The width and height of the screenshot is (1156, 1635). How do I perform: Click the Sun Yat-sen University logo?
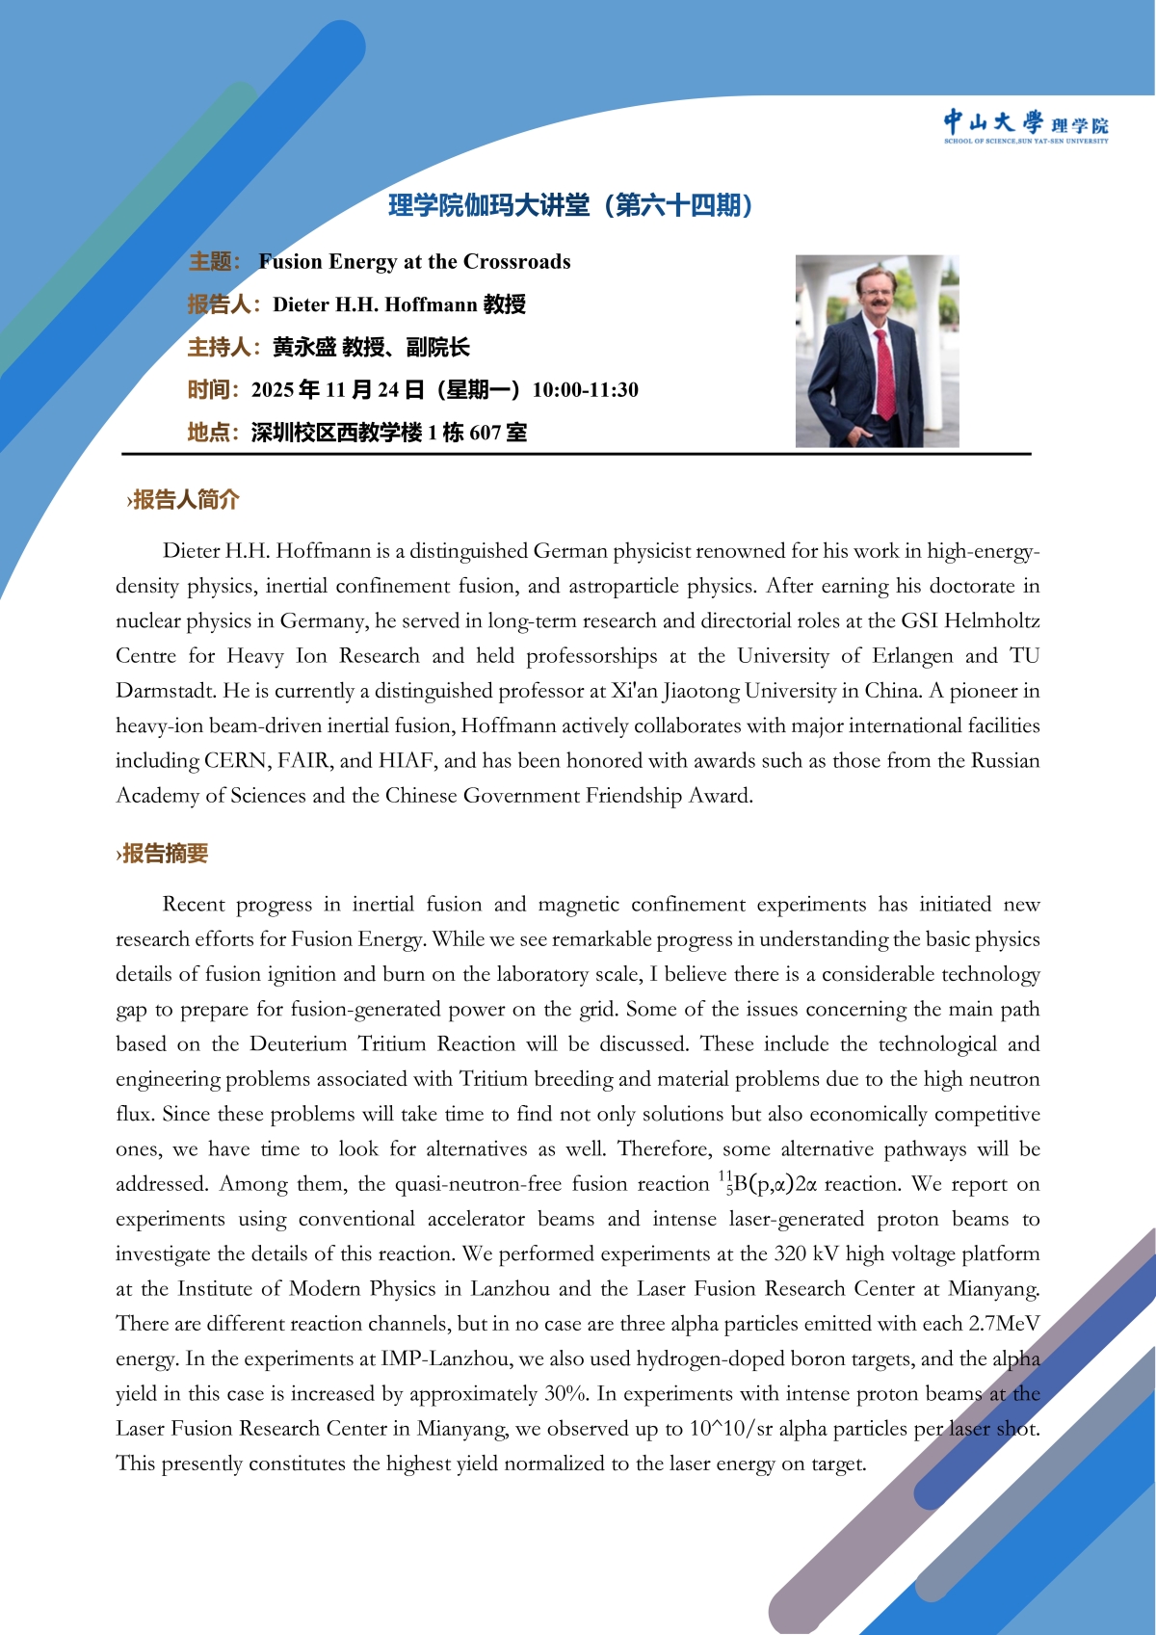[x=1025, y=125]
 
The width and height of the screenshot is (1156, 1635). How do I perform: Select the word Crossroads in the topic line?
[x=517, y=262]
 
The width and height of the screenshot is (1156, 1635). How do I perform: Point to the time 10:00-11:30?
[x=585, y=390]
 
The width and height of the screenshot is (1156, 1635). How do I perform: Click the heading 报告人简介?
[x=185, y=499]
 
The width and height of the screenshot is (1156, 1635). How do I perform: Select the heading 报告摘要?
[x=165, y=854]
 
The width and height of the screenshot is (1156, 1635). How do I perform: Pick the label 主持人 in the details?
[x=219, y=348]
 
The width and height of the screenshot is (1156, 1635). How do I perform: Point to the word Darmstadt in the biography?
[x=166, y=691]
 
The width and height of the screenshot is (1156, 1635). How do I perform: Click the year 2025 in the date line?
[x=273, y=390]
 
